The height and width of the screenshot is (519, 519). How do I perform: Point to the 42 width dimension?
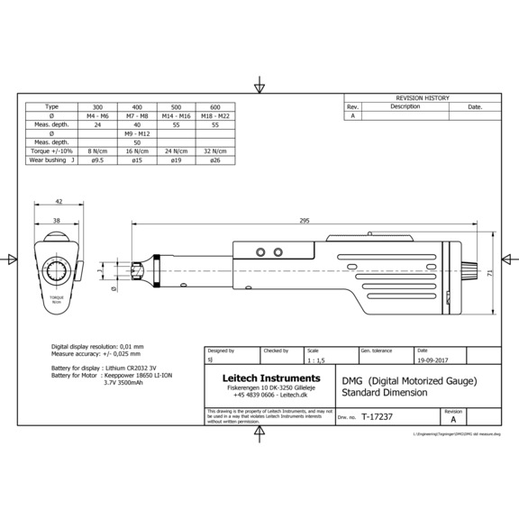tap(59, 202)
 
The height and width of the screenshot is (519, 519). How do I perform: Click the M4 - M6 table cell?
tap(97, 115)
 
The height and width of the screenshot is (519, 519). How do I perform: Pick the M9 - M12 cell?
tap(137, 133)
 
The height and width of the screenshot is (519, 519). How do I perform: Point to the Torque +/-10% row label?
tap(51, 151)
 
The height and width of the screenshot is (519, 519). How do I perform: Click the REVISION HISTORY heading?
tap(422, 97)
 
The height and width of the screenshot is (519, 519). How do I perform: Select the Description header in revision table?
tap(405, 106)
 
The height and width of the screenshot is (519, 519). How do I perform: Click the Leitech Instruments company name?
tap(258, 378)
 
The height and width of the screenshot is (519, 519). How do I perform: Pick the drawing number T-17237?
tap(377, 417)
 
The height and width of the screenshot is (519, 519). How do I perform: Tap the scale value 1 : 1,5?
tap(319, 359)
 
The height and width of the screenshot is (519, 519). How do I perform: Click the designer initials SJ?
tap(210, 359)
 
